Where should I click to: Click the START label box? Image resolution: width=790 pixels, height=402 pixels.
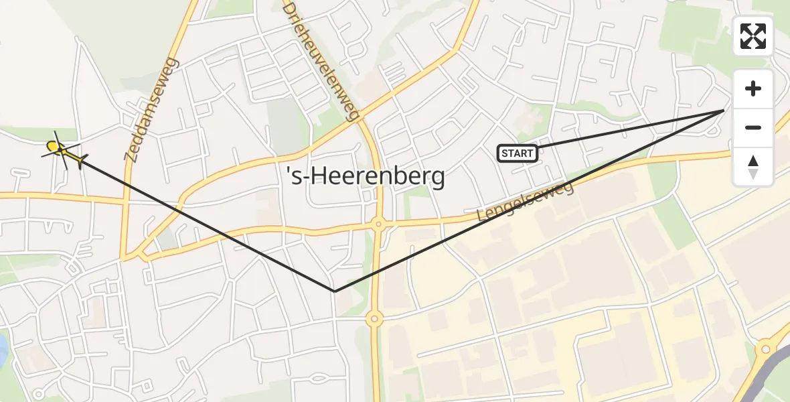(518, 153)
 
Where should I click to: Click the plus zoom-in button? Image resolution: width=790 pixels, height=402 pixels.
(753, 88)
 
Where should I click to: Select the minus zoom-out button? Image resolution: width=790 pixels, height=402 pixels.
(753, 127)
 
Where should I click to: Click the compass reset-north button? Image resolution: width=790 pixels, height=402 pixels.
(753, 166)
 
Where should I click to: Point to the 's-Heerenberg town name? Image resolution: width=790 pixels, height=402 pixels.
(365, 177)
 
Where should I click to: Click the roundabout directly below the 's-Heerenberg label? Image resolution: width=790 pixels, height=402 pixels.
(378, 225)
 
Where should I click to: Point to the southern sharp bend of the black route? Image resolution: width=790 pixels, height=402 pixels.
(335, 291)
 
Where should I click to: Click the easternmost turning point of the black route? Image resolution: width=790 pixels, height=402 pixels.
(724, 109)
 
